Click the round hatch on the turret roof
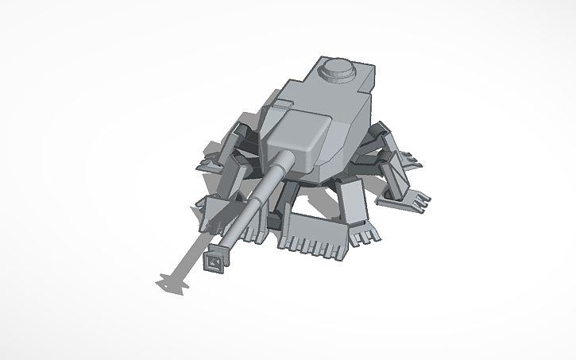click(339, 72)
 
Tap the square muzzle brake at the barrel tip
click(215, 259)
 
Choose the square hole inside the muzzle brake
click(215, 260)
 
